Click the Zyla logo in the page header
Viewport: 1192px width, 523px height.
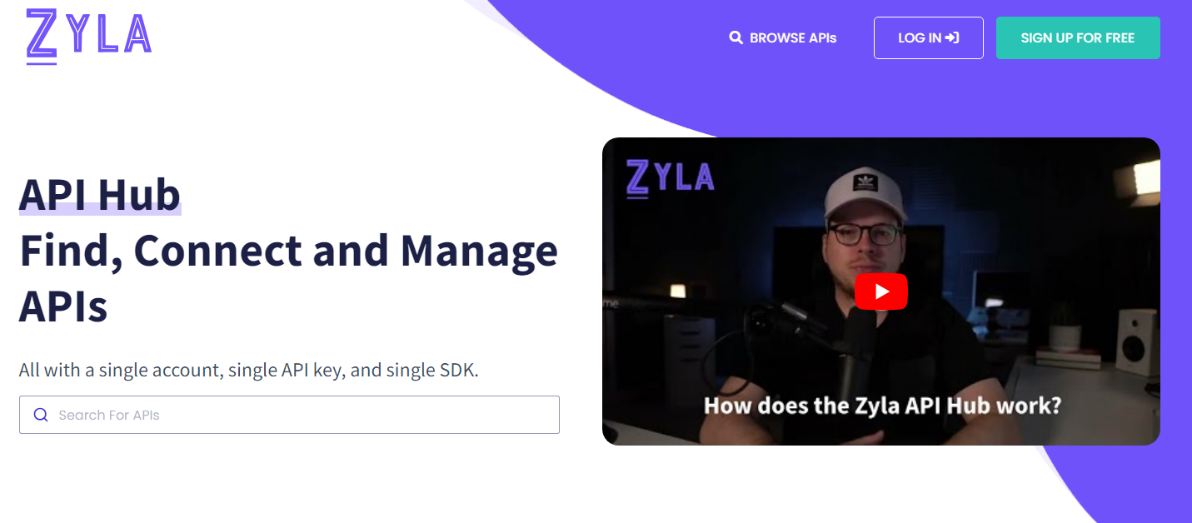(89, 36)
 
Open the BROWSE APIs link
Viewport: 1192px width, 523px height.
(783, 37)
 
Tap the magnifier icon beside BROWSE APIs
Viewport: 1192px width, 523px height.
(736, 37)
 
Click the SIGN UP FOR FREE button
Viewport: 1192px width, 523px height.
(1078, 37)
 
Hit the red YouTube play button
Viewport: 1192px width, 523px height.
(881, 291)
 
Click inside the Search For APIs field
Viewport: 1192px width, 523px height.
(289, 415)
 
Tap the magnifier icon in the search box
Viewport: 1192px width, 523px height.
(41, 415)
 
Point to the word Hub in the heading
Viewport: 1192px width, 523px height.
(139, 195)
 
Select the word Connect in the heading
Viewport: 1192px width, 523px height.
(217, 251)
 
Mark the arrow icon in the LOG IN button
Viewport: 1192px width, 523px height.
(952, 37)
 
